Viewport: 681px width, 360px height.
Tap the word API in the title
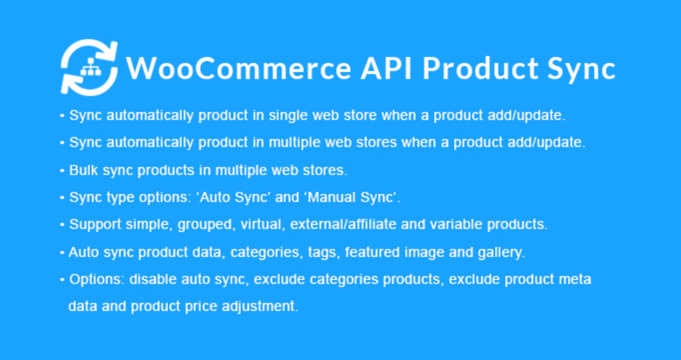386,69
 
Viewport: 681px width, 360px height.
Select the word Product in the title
481,69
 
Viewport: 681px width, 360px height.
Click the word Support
95,225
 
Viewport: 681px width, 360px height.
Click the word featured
372,252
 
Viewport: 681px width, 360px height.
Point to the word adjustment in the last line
260,307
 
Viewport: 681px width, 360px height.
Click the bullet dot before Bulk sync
62,171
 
